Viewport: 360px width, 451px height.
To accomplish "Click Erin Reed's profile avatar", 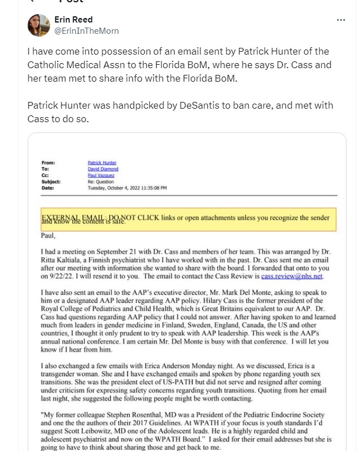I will (38, 25).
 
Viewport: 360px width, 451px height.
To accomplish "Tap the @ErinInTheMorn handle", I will (86, 31).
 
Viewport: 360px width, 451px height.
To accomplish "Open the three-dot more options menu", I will (341, 20).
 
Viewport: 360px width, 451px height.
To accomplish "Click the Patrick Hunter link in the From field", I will (101, 162).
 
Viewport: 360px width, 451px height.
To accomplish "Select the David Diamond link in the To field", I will (103, 169).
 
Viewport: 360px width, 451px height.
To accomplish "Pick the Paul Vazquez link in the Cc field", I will (101, 175).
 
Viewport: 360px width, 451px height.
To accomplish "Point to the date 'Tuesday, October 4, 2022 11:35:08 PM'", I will (127, 188).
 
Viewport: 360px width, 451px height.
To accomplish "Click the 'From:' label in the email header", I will (48, 162).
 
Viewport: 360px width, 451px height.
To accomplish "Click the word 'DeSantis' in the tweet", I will (202, 105).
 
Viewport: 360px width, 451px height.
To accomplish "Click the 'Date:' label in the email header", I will (47, 188).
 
